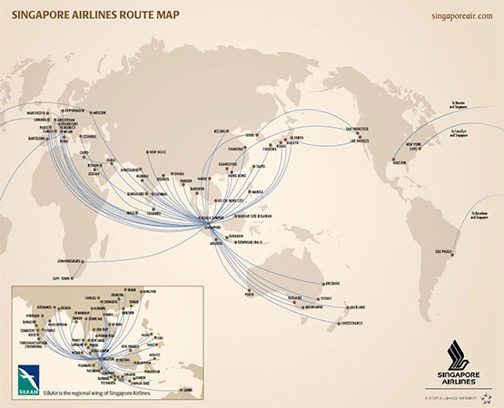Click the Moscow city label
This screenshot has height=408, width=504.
pos(99,112)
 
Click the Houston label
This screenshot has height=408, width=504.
pos(399,163)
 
